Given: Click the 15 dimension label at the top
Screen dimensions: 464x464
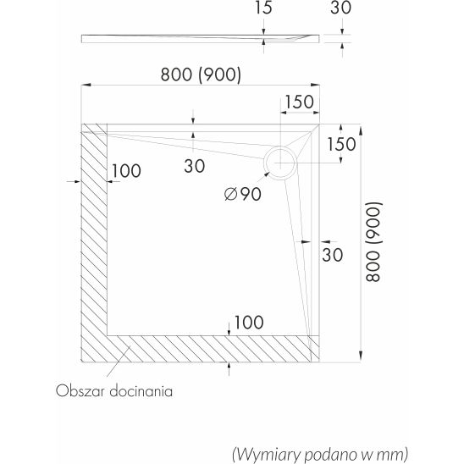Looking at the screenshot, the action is (263, 8).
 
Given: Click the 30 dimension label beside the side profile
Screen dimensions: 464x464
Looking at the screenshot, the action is (341, 8).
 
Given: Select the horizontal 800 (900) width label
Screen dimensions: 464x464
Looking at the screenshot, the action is (201, 75).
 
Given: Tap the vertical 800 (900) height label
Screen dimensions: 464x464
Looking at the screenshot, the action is (373, 242).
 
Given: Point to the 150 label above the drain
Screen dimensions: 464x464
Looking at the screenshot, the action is (299, 102).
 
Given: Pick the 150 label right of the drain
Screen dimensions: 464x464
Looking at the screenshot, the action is (341, 145).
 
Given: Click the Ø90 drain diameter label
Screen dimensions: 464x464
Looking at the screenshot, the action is (243, 194).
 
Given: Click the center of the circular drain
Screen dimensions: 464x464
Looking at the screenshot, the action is (280, 163).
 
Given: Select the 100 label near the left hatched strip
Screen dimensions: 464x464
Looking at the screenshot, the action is (126, 171).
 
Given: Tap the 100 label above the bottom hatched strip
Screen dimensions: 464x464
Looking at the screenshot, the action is (249, 323).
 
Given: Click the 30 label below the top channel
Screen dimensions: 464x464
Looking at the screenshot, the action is (195, 166).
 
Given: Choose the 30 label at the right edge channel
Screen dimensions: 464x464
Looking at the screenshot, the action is (332, 255).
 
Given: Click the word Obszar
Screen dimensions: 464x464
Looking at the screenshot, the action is (80, 391).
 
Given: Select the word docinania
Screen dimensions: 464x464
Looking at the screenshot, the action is (141, 391).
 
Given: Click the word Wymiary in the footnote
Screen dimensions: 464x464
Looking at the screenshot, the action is (267, 454).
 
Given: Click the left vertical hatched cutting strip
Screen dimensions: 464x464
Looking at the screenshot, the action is (94, 243).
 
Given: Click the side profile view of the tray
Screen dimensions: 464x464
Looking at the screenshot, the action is (201, 39).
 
